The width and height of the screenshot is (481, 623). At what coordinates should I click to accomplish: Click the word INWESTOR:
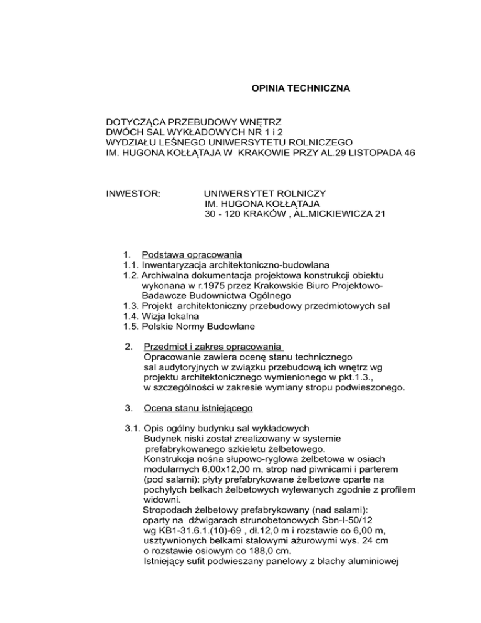click(135, 194)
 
